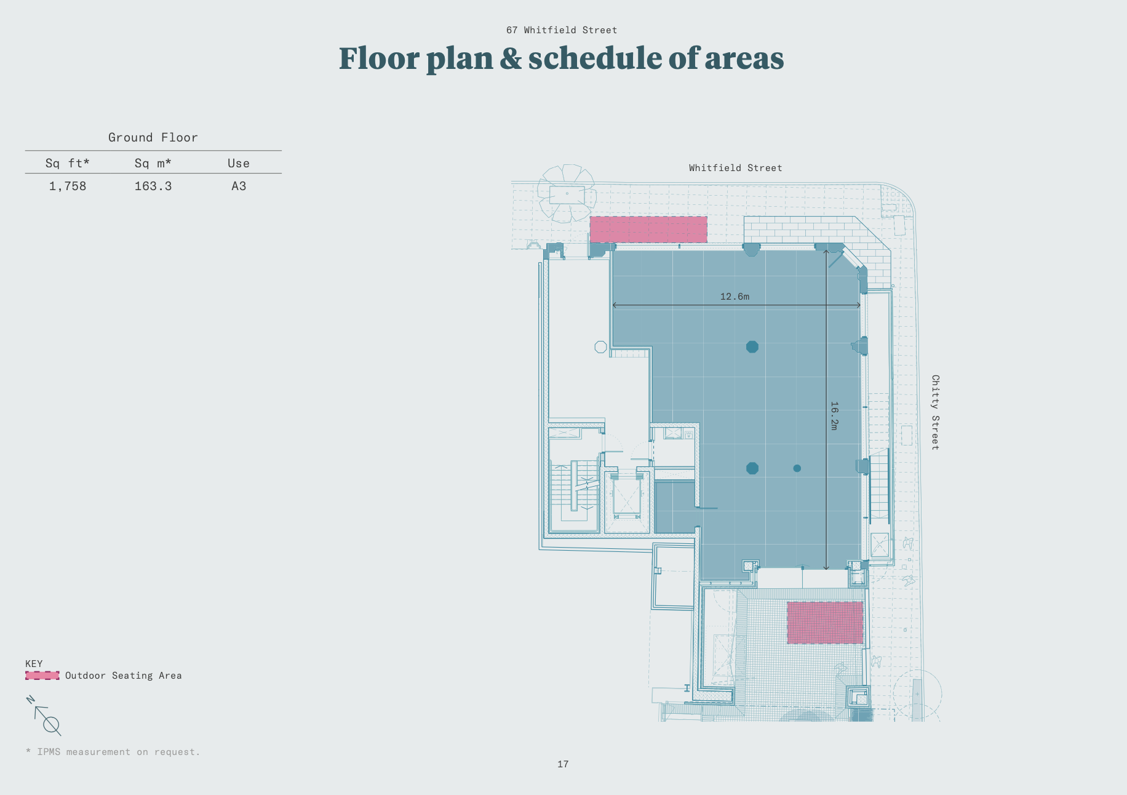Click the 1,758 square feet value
(68, 186)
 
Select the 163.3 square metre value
(153, 186)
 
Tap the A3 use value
(239, 186)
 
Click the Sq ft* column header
(68, 163)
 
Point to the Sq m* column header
(153, 163)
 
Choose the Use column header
(239, 163)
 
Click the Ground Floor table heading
(153, 137)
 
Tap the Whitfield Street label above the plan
(736, 168)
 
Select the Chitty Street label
(935, 412)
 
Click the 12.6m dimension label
(735, 297)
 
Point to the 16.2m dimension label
(834, 416)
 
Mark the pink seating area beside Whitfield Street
(648, 230)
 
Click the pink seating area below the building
(825, 623)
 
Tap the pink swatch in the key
(42, 676)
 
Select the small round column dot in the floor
(797, 468)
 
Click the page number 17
(563, 764)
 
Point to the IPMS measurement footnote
(113, 752)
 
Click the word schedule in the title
(594, 58)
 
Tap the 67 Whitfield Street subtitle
(562, 30)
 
